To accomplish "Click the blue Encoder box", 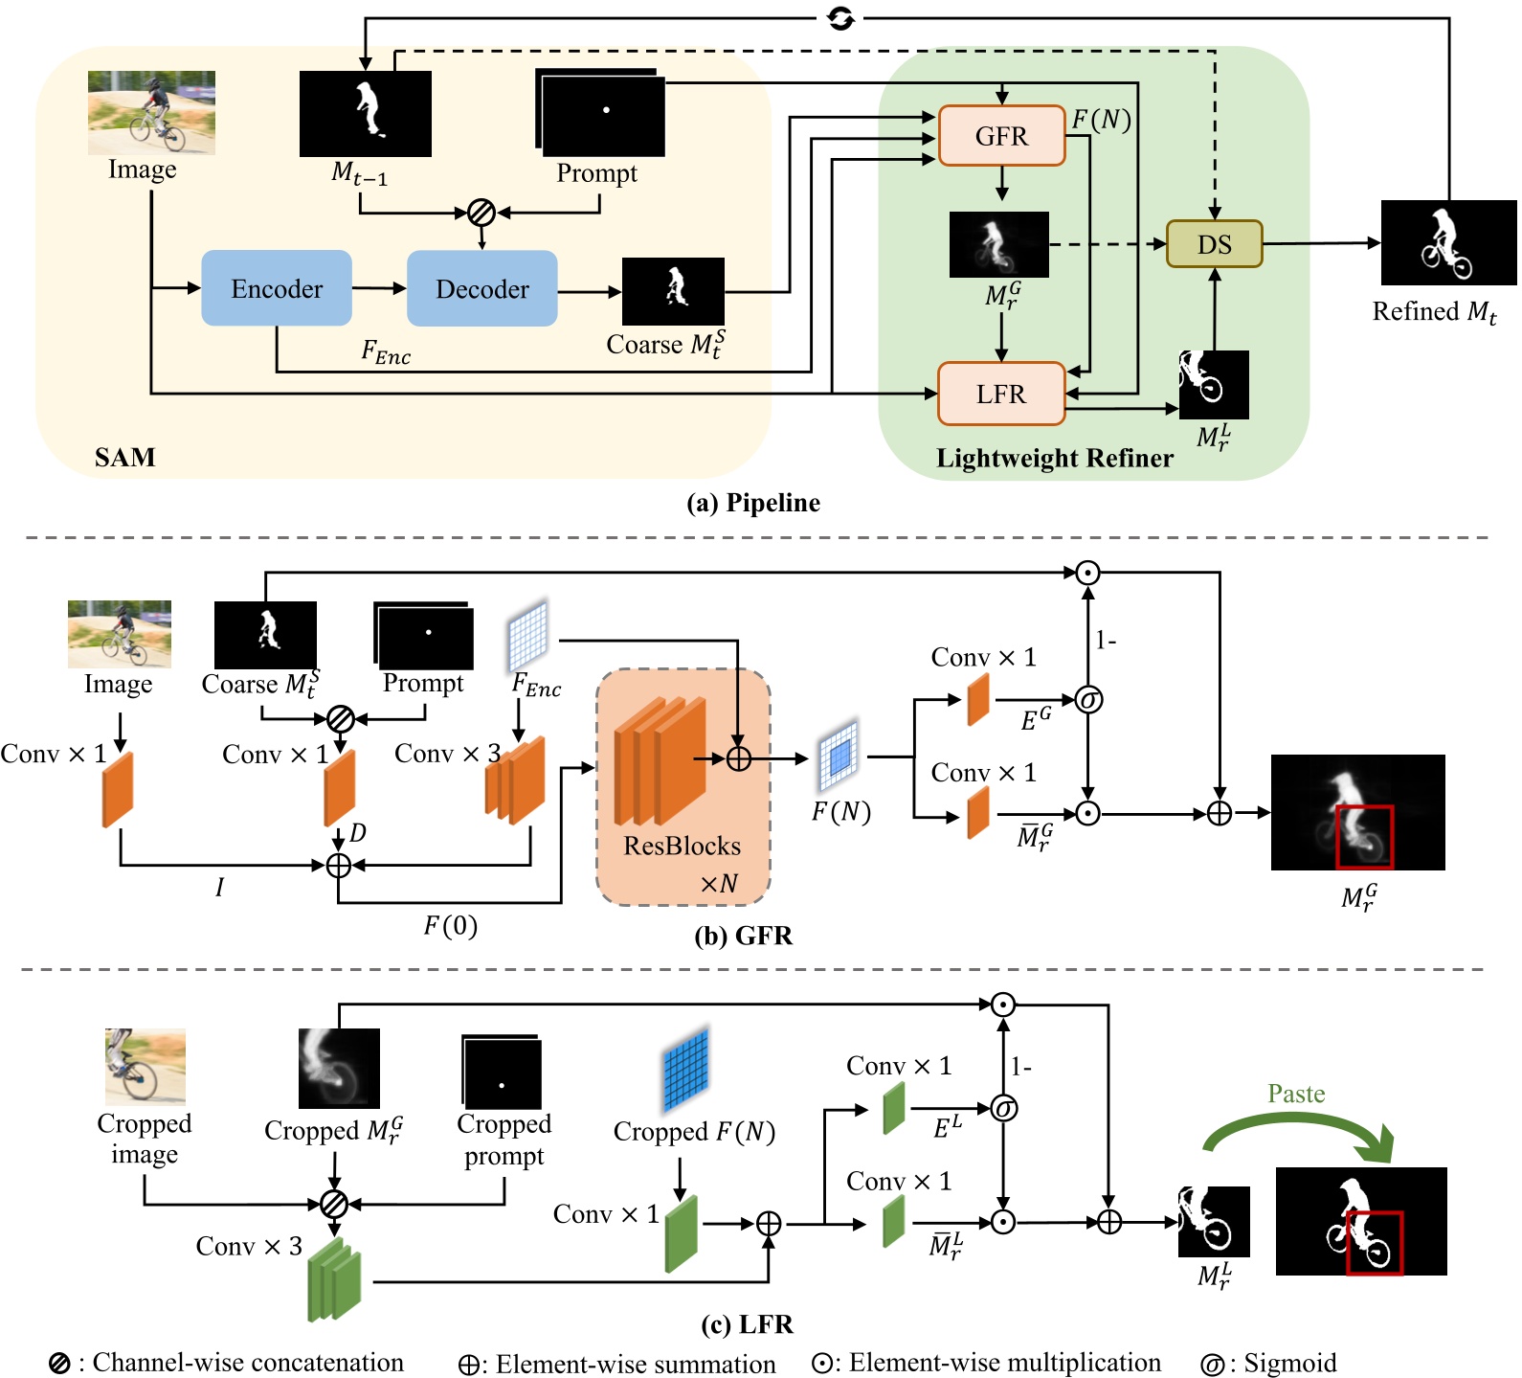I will click(276, 288).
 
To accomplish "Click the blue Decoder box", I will click(481, 288).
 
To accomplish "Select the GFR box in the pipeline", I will click(1001, 136).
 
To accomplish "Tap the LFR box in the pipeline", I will click(1000, 394).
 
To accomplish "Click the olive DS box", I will click(1214, 244).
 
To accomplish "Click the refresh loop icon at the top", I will click(840, 18).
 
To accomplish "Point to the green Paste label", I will click(1296, 1094).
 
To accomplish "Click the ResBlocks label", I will click(682, 846).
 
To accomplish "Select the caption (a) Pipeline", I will click(753, 503).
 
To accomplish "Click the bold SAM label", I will click(124, 457).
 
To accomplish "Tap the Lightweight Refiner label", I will click(1054, 458).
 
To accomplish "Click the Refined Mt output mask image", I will click(1447, 242).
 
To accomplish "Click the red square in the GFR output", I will click(1364, 837).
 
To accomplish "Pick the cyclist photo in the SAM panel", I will click(151, 112).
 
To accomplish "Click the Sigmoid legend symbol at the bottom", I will click(1212, 1365).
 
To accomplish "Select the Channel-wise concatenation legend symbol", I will click(59, 1364).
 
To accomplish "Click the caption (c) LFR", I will click(747, 1324).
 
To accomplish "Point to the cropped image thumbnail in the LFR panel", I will click(145, 1067).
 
